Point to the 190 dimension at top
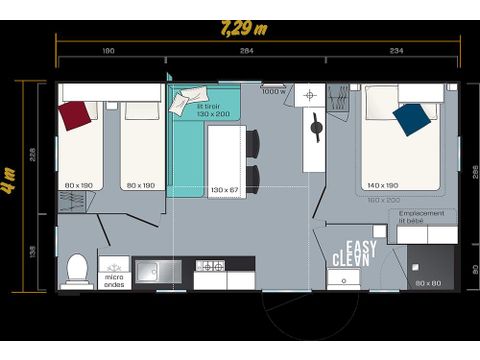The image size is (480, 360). (109, 50)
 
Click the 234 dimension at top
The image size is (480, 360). (396, 50)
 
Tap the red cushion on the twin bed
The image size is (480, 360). (75, 114)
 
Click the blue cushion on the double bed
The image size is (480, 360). (411, 119)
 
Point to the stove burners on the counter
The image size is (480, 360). (210, 267)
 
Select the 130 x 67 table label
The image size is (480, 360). (224, 190)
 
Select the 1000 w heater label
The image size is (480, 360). (273, 91)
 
